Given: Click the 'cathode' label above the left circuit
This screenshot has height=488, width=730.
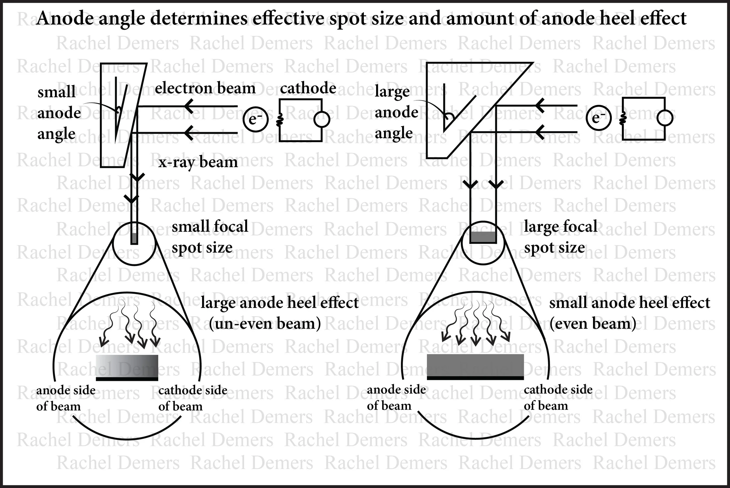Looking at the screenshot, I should [x=308, y=88].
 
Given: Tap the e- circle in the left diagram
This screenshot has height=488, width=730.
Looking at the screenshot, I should [x=255, y=119].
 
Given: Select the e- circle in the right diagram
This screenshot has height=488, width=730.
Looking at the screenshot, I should [x=599, y=118].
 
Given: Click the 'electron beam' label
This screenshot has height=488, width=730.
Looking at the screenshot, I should [x=205, y=88].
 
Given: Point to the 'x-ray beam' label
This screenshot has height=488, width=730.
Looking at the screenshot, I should [x=198, y=162].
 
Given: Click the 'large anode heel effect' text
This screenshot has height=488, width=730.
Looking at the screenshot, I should [x=279, y=302].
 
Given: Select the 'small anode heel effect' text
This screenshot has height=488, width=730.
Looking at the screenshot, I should [x=629, y=302].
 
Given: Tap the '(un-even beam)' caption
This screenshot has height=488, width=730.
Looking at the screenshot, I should [x=265, y=324].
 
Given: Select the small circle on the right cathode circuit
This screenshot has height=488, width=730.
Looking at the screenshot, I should [x=665, y=118].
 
